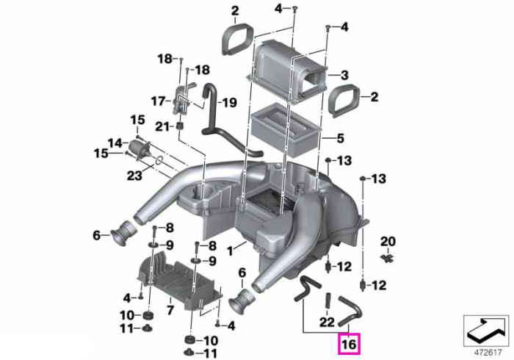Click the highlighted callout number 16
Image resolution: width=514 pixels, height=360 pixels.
pos(349,345)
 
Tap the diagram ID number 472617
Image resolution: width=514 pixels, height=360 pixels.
pos(488,353)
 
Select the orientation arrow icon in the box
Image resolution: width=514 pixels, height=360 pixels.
pos(486,330)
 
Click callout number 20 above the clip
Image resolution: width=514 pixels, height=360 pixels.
pos(388,241)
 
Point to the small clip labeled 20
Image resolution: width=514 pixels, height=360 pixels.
pos(388,257)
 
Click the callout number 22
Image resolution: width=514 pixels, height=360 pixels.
pos(327,323)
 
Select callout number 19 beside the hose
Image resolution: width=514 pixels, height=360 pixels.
pos(229,103)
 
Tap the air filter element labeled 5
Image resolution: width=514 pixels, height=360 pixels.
pos(285,129)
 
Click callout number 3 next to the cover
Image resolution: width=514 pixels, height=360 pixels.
pos(344,75)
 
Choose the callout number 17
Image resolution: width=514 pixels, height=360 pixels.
pos(159,101)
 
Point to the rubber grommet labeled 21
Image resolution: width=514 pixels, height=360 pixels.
pos(180,126)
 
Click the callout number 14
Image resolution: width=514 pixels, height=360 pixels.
pos(115,143)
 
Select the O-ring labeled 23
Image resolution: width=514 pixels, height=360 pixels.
pos(159,159)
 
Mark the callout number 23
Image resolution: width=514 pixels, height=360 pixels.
pos(134,176)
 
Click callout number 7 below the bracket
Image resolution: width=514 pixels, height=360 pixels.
pos(170,309)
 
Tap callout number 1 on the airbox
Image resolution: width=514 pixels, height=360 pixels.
pos(230,251)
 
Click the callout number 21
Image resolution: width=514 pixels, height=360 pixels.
pos(162,126)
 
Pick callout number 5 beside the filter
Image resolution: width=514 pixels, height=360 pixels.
pos(341,138)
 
